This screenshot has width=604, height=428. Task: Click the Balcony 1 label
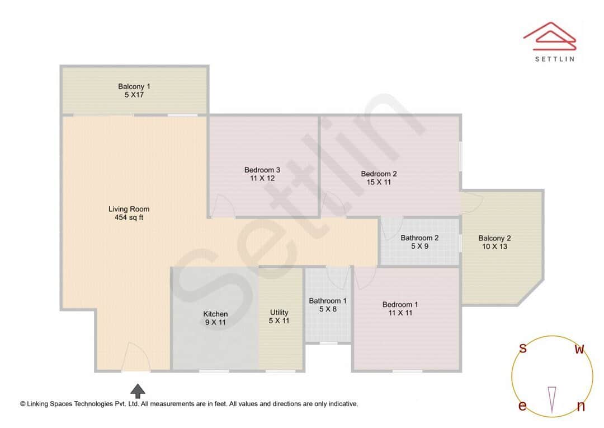click(x=134, y=86)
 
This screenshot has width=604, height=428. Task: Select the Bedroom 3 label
click(x=262, y=170)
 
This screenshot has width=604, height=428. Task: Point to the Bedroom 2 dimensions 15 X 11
click(x=379, y=182)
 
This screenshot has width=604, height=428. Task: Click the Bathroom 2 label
click(x=419, y=238)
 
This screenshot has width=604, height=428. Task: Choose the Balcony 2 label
click(x=494, y=238)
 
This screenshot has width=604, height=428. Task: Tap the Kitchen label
click(x=215, y=314)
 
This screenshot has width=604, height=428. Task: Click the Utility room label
click(x=279, y=313)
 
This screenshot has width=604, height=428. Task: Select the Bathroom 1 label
click(x=328, y=301)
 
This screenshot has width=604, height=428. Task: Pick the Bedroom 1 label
click(x=400, y=305)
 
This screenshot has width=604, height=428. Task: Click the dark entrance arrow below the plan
click(x=138, y=390)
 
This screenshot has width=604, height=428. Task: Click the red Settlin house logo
click(x=549, y=35)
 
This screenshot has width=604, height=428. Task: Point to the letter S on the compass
click(x=523, y=348)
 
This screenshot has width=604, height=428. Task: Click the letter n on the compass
click(x=581, y=407)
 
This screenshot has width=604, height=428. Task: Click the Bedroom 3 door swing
click(x=223, y=206)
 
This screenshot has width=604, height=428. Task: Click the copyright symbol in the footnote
click(x=23, y=403)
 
